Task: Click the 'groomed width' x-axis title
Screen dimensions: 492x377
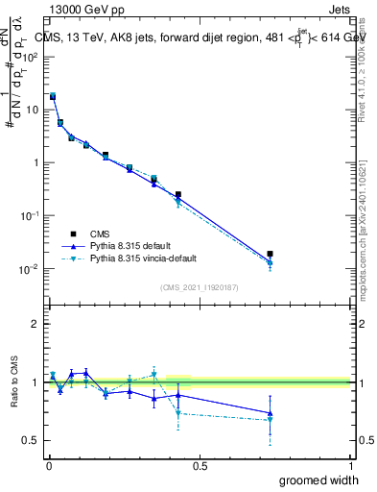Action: pos(314,480)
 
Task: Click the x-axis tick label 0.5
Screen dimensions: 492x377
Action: pos(200,466)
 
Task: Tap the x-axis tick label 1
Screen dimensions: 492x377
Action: pos(350,466)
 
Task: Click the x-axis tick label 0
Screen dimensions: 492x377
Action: pos(49,466)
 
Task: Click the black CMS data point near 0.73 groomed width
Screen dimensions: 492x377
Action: pos(271,255)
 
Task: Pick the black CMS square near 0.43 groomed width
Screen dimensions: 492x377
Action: pos(178,194)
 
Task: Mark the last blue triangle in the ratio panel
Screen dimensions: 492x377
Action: pos(271,413)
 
